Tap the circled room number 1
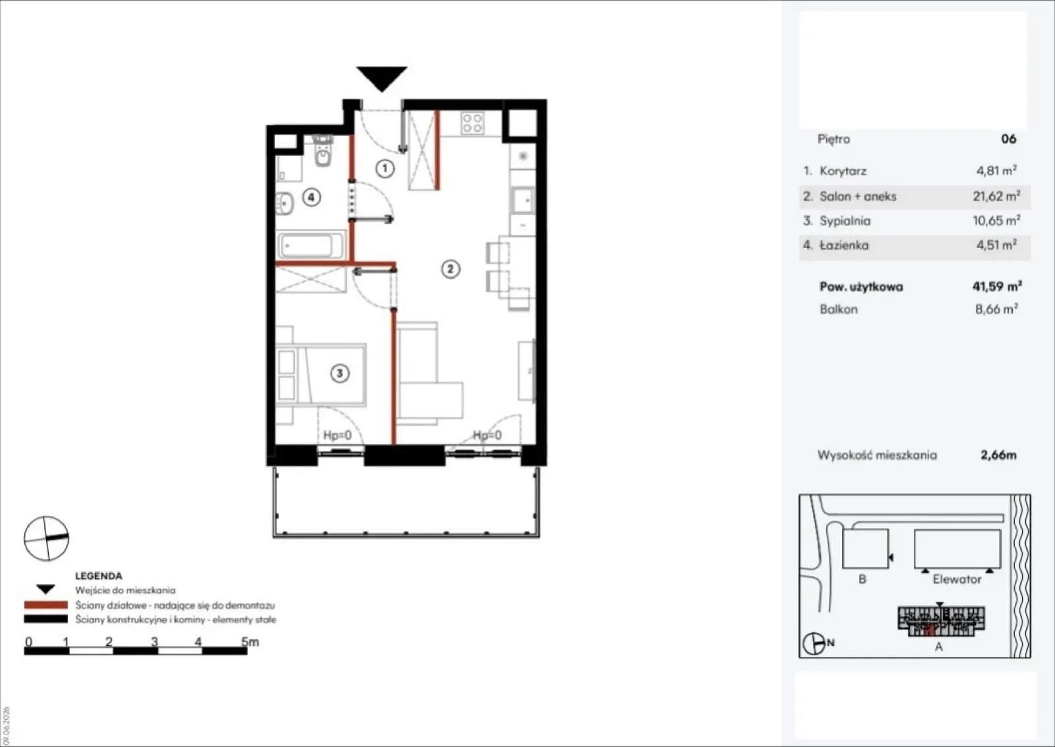(x=385, y=168)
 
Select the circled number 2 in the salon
(x=450, y=269)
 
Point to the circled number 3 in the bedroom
(x=340, y=373)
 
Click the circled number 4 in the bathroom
(x=311, y=197)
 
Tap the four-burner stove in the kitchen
(x=472, y=123)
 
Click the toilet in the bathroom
(x=323, y=151)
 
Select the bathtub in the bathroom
(x=311, y=245)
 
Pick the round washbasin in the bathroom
(x=284, y=204)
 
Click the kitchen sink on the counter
(x=522, y=201)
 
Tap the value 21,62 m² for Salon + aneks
(x=996, y=196)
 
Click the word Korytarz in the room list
(x=843, y=171)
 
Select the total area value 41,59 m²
(x=997, y=286)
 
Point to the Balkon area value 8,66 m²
(x=996, y=309)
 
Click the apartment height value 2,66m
(x=998, y=455)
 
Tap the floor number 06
(x=1008, y=139)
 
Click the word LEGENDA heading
(x=98, y=575)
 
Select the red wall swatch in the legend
(x=45, y=604)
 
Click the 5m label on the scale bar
(x=250, y=641)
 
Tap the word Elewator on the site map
(x=957, y=579)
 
